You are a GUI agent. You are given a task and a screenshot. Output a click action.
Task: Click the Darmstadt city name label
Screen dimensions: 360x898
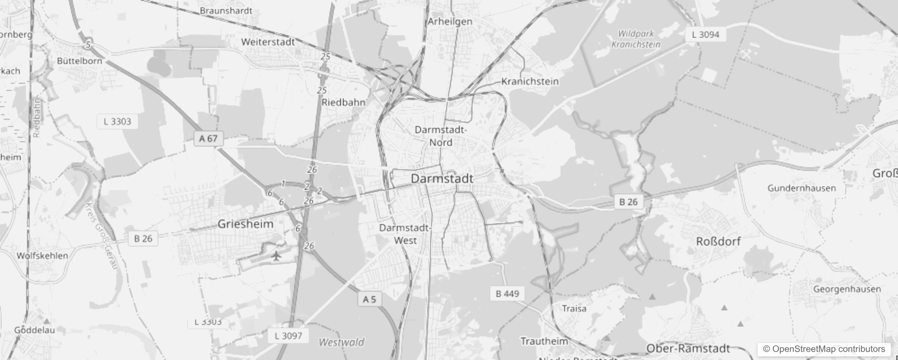tap(442, 179)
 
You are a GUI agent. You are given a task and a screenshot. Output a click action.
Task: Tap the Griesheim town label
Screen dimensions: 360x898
tap(245, 224)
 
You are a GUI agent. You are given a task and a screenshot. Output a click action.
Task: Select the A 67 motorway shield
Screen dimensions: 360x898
tap(208, 139)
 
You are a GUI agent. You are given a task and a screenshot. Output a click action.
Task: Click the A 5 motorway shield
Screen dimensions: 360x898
tap(369, 299)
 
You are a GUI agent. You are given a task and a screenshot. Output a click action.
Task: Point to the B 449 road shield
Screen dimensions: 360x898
tap(507, 294)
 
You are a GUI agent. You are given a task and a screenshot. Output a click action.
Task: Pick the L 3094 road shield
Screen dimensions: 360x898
tap(705, 35)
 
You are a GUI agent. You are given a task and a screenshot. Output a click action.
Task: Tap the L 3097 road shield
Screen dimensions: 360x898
tap(288, 336)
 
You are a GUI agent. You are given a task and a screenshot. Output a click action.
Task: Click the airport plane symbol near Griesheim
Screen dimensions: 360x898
tap(276, 256)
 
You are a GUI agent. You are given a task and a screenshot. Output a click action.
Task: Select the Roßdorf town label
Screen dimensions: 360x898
tap(718, 242)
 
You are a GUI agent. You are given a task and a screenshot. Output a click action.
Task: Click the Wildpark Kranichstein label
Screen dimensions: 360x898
tap(636, 39)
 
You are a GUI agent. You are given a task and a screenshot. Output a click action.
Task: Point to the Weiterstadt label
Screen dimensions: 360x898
tap(268, 42)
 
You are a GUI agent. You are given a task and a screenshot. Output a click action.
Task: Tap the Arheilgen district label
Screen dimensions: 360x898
tap(450, 22)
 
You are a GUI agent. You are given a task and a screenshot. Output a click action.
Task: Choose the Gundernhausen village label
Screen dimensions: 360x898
tap(801, 188)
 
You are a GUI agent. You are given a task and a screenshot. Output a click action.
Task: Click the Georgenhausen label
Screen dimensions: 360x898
tap(847, 289)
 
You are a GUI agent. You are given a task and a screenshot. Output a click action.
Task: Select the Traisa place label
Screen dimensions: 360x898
tap(574, 309)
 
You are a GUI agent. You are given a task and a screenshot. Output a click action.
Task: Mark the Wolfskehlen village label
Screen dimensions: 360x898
tap(42, 256)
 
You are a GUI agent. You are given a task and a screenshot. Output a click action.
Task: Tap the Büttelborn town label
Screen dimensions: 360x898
tap(80, 61)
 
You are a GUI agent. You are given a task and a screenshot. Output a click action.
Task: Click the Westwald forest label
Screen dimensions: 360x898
tap(341, 342)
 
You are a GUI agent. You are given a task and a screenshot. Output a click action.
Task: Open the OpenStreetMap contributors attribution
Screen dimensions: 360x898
tap(824, 349)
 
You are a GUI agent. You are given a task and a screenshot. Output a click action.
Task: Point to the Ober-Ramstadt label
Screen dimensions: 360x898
tap(688, 349)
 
